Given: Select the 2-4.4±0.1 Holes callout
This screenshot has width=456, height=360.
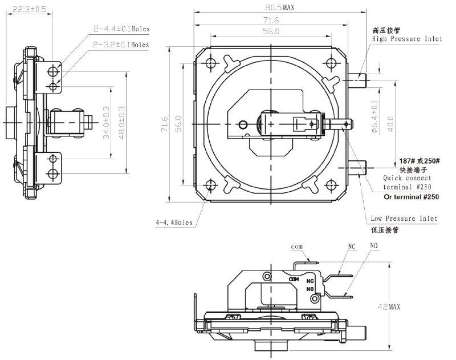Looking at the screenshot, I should click(122, 29).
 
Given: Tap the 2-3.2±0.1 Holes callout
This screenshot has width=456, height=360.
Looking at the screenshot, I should click(122, 45).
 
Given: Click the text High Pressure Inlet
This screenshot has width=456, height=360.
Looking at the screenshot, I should click(406, 39).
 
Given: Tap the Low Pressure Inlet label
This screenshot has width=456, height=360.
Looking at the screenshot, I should click(404, 219).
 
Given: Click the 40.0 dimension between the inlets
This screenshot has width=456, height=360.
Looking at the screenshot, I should click(390, 123).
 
